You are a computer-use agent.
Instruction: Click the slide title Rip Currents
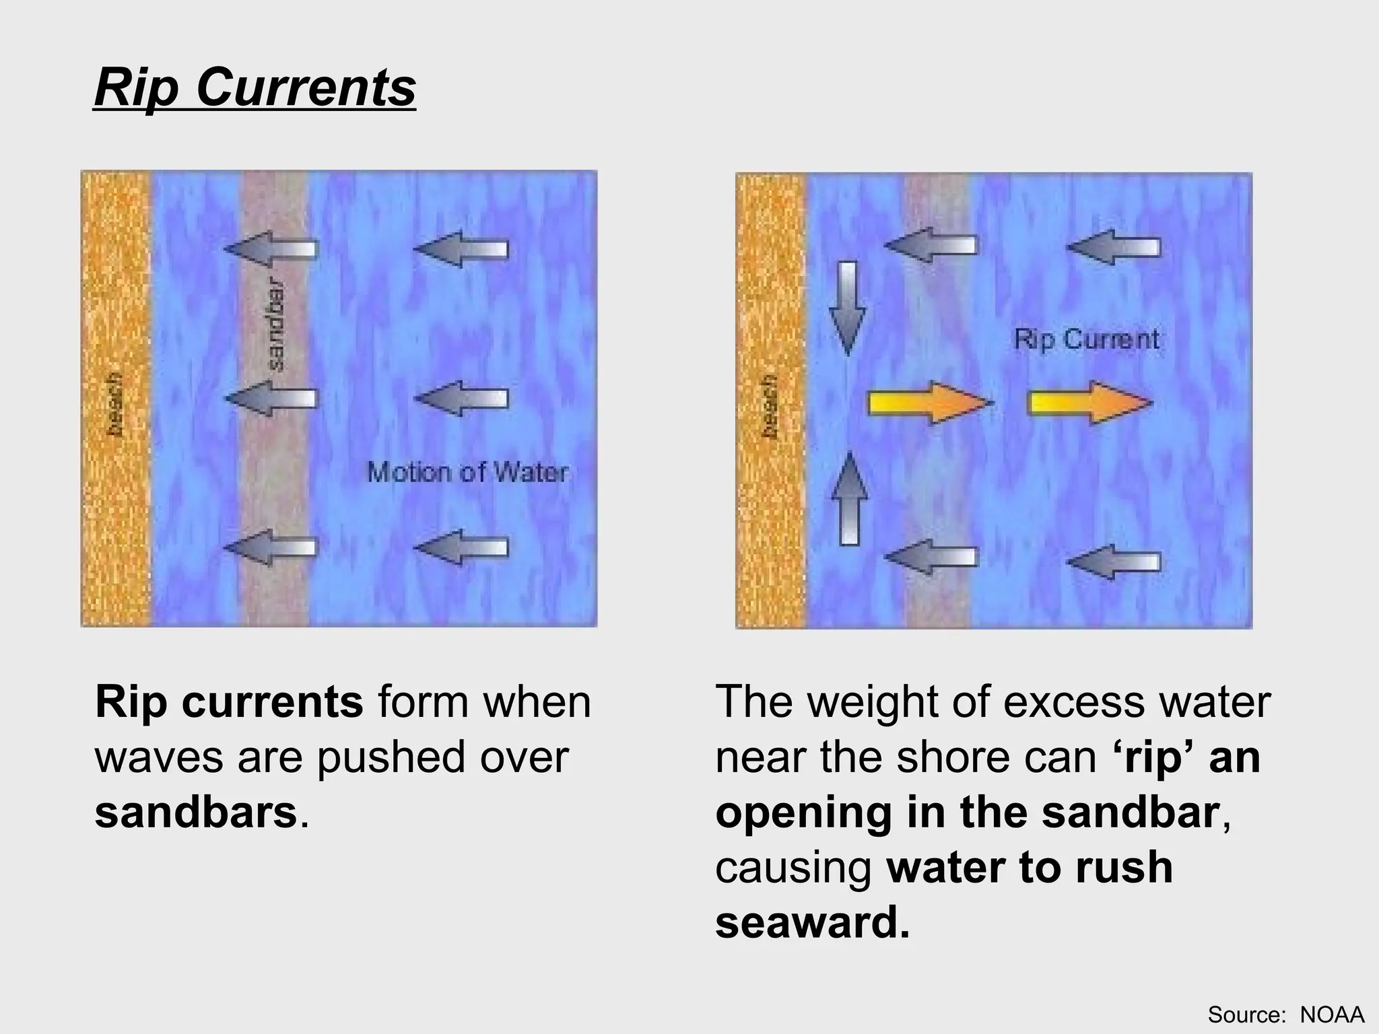(x=255, y=88)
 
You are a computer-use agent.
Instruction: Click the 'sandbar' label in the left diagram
(x=276, y=325)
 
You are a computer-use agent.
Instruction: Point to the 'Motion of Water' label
(x=467, y=473)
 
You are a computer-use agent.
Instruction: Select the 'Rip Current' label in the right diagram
(x=1087, y=339)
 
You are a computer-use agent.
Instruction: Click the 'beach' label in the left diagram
(x=116, y=404)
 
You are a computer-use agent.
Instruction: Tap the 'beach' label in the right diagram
(x=770, y=406)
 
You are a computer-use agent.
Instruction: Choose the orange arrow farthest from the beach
(x=1089, y=403)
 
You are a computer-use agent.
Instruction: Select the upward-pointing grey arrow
(x=850, y=498)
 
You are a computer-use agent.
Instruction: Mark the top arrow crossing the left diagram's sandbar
(x=271, y=248)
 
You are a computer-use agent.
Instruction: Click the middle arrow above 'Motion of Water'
(x=461, y=398)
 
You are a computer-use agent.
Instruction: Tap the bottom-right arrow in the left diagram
(x=461, y=547)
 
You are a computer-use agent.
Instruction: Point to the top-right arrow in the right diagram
(x=1114, y=247)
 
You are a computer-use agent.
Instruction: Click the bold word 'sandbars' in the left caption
(x=196, y=812)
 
